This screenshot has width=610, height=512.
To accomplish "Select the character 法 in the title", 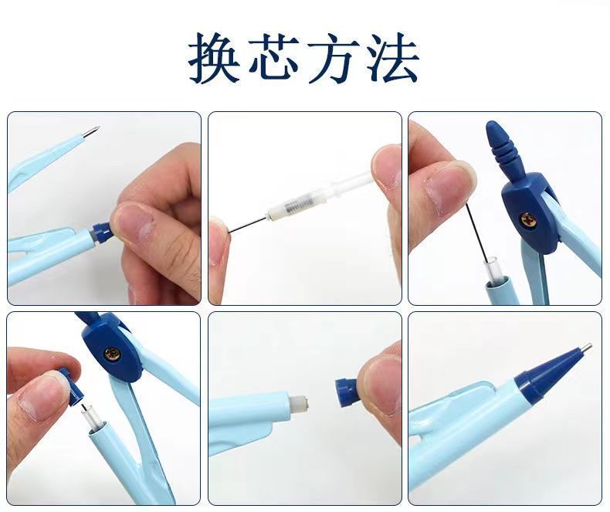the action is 393,59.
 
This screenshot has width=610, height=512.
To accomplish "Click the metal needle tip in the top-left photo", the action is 90,131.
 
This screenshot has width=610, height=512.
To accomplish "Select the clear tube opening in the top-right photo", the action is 491,269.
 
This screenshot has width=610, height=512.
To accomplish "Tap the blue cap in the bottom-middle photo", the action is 346,392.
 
